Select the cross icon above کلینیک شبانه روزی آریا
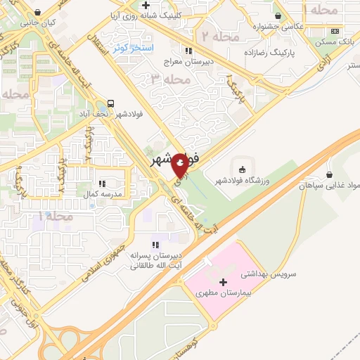146,5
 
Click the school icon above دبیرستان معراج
188,50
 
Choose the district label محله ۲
216,34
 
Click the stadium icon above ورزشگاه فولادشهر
243,169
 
